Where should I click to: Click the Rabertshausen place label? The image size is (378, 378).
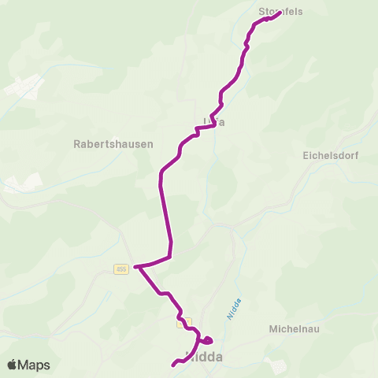113,144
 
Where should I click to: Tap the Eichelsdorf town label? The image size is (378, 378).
330,156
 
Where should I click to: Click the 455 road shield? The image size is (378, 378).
120,269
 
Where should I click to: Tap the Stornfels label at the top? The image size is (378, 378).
280,12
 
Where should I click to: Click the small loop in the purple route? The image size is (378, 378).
206,340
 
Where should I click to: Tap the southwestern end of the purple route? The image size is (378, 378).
173,364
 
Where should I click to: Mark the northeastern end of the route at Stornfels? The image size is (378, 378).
280,13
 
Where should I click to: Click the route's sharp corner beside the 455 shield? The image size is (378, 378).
136,267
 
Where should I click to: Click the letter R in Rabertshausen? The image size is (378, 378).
76,144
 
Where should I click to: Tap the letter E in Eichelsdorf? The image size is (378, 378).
306,156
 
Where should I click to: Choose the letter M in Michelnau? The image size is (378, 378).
273,328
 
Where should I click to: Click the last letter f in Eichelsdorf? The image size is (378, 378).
356,156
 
